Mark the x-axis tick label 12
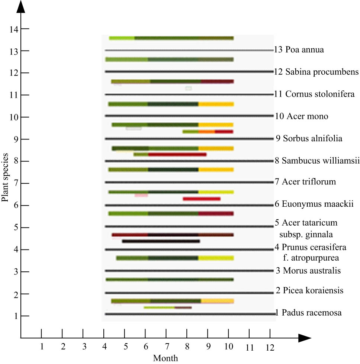coord(270,348)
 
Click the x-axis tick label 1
coord(42,347)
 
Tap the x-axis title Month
coord(165,358)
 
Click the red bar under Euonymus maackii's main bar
coord(202,199)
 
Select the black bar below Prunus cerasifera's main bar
coord(161,241)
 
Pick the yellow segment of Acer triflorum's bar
coord(216,170)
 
